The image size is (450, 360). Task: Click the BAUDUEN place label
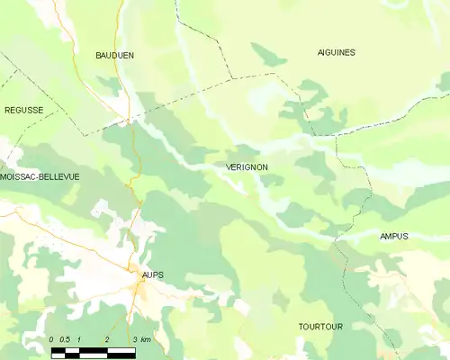point(114,55)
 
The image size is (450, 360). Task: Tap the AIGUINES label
point(337,52)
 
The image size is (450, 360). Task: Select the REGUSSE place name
point(23,110)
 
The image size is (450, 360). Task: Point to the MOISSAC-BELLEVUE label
point(40,177)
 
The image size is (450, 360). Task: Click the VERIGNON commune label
point(241,167)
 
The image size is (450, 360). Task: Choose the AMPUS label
point(394,237)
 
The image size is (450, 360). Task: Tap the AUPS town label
point(152,274)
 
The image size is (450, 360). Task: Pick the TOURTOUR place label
point(320,327)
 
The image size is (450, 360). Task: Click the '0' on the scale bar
point(52,338)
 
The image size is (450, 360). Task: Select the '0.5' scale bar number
point(65,338)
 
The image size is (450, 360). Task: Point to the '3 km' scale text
point(140,338)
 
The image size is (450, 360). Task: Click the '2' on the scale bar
point(107,338)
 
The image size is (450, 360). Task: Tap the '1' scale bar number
point(79,338)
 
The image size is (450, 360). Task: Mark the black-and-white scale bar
point(94,351)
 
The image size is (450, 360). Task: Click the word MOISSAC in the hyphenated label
point(18,177)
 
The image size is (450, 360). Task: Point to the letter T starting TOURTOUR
point(301,327)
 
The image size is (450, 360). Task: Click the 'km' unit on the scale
point(145,338)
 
